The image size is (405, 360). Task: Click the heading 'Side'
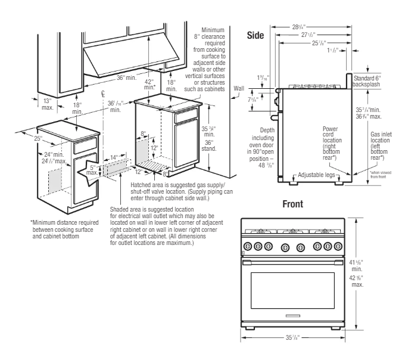coord(256,36)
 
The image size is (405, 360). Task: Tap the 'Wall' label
coord(239,88)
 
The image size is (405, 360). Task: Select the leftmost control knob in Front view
coord(245,246)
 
